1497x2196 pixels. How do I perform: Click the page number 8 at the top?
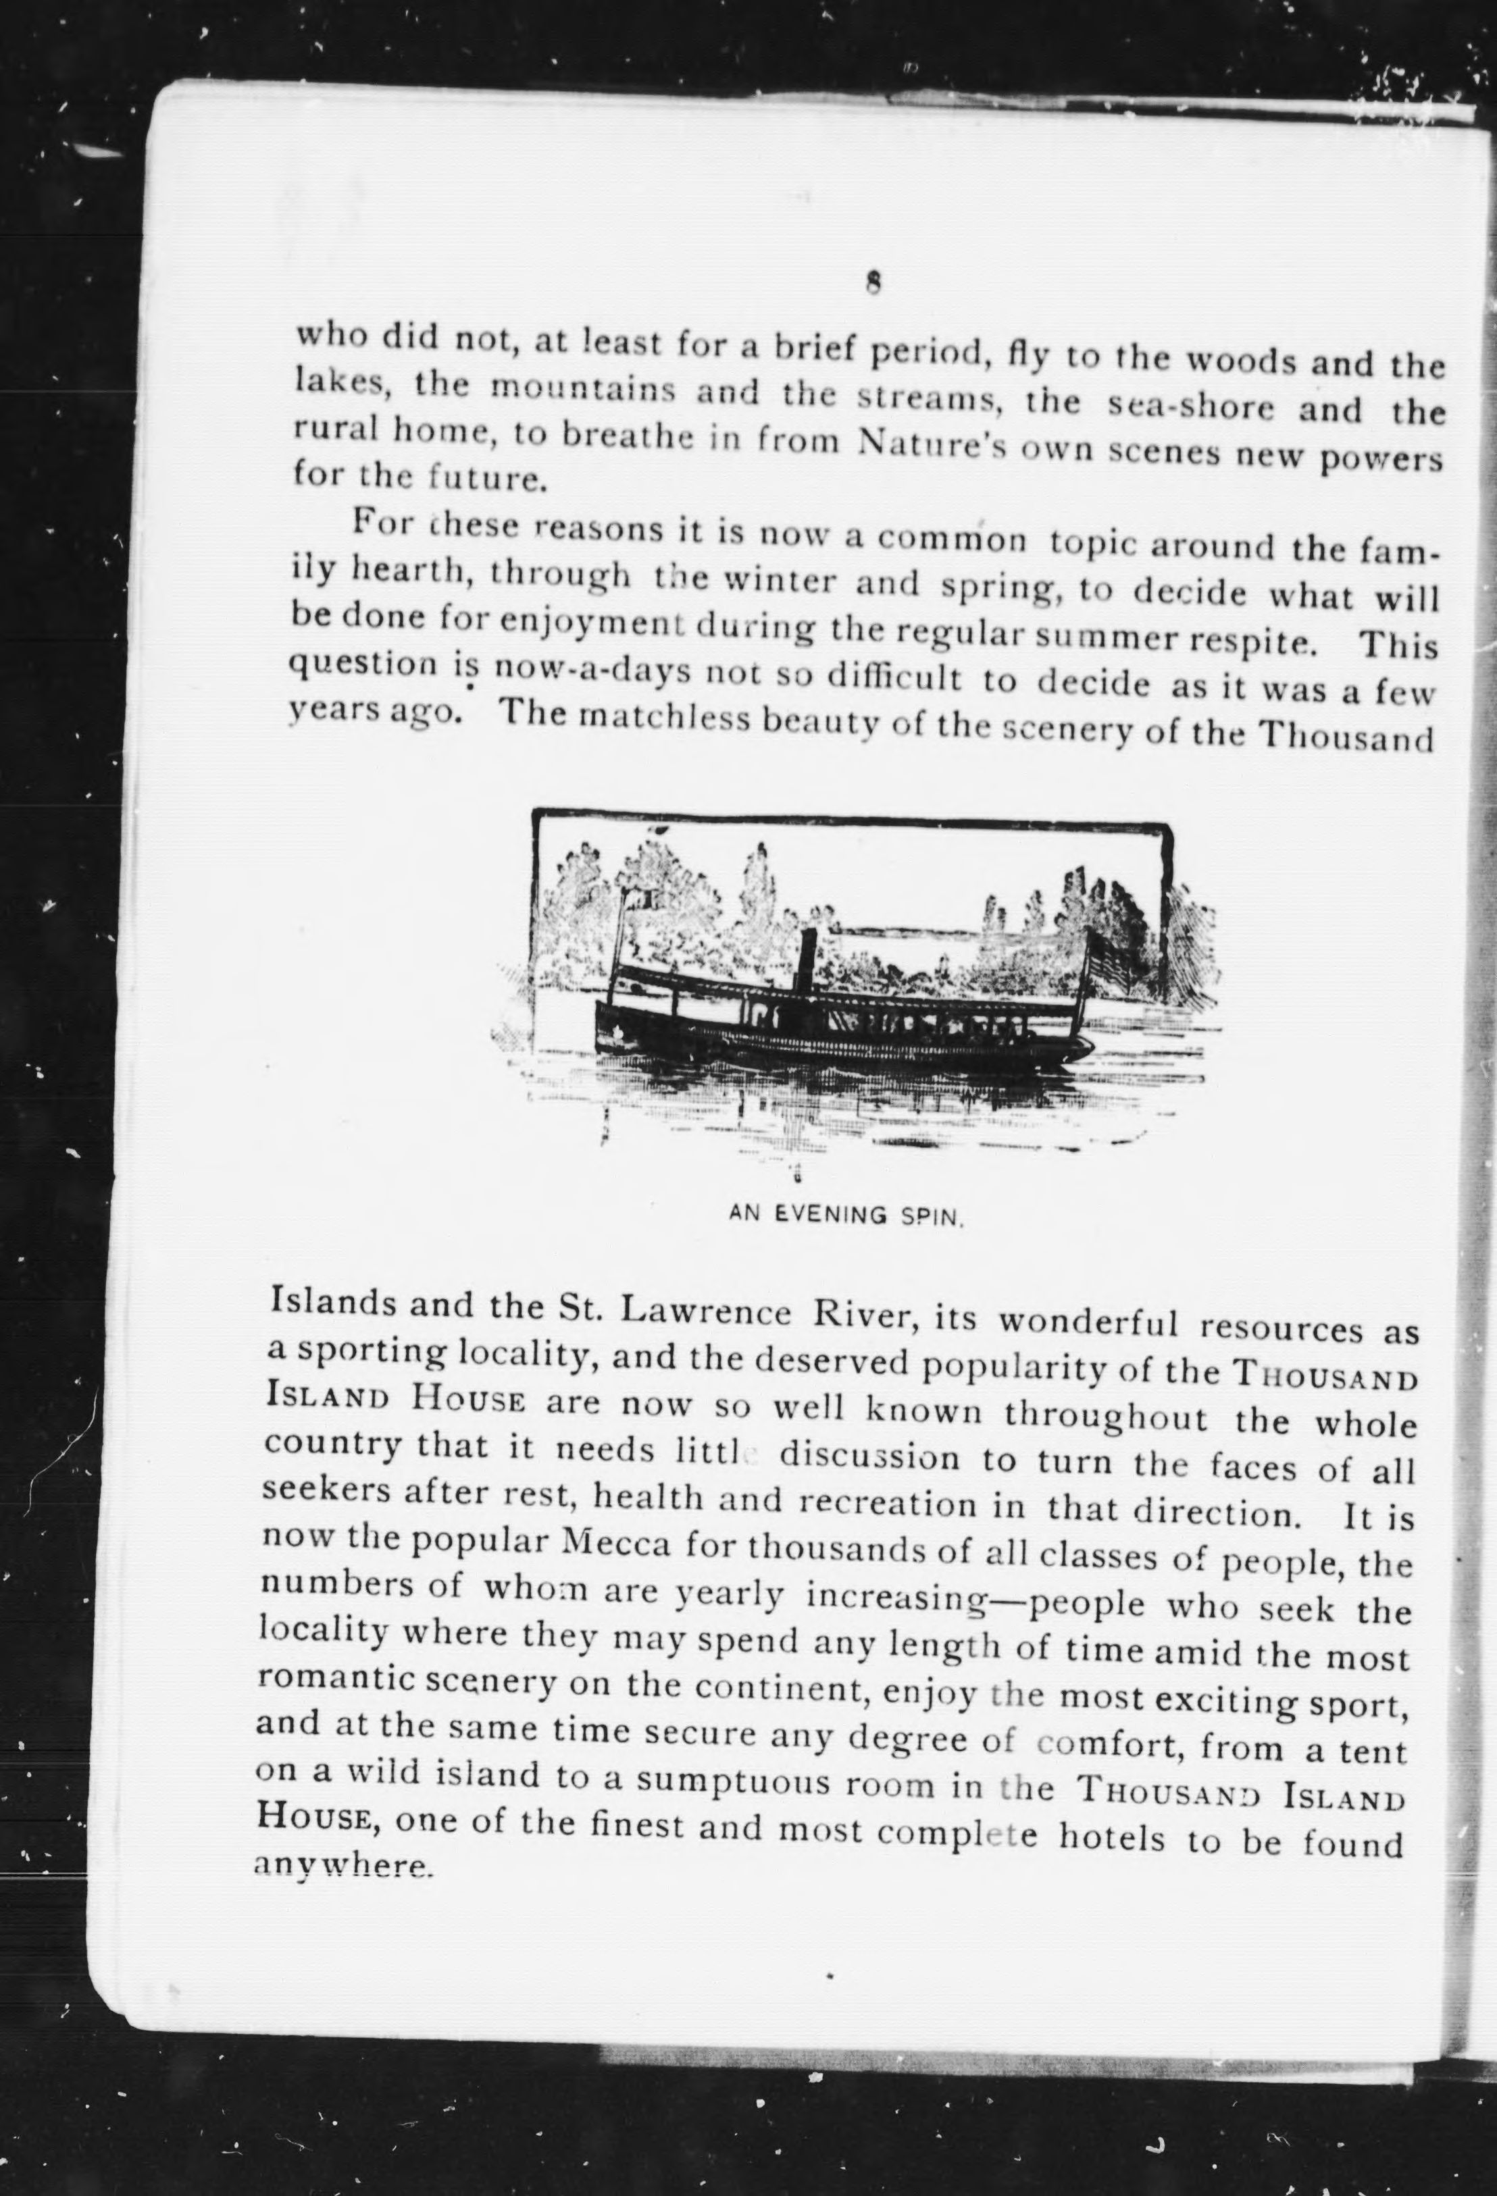coord(873,282)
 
